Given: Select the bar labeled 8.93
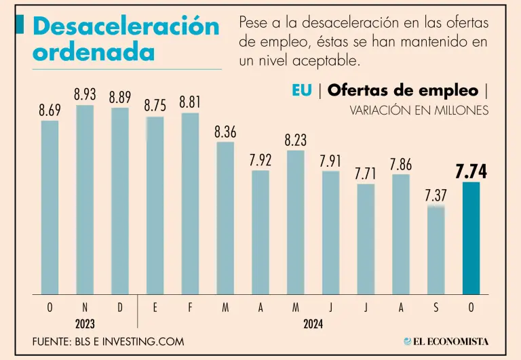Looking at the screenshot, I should tap(85, 199).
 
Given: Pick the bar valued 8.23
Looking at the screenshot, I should tap(295, 222).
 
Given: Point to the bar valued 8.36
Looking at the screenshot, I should tap(225, 218).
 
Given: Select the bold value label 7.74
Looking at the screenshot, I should tap(471, 172).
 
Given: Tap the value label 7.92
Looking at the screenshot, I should tap(260, 161).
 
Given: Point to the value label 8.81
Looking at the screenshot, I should tap(190, 103).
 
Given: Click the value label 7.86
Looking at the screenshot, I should tap(400, 164).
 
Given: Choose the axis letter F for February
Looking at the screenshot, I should tap(190, 308).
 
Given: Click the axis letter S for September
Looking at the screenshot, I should tap(436, 308).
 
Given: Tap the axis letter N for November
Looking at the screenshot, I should tap(85, 308).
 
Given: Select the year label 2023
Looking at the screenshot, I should tap(85, 325).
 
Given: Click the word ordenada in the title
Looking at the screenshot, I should tap(94, 52).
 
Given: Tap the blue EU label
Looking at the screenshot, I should tap(302, 91).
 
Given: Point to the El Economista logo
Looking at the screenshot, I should tap(446, 342).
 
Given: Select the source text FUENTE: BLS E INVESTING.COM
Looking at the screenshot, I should tap(108, 342).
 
